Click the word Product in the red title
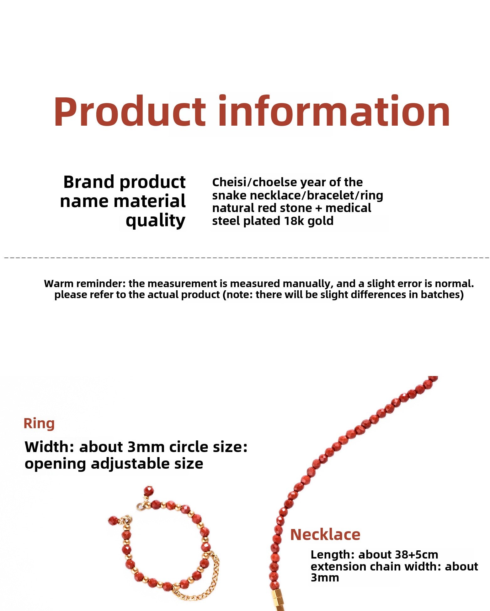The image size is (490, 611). [x=130, y=112]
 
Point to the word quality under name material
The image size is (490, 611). [x=156, y=221]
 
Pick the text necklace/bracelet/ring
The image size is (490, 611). [x=317, y=195]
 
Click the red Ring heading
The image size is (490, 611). [x=39, y=423]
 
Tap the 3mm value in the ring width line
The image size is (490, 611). [x=146, y=447]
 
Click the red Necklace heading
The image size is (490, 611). [x=325, y=534]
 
